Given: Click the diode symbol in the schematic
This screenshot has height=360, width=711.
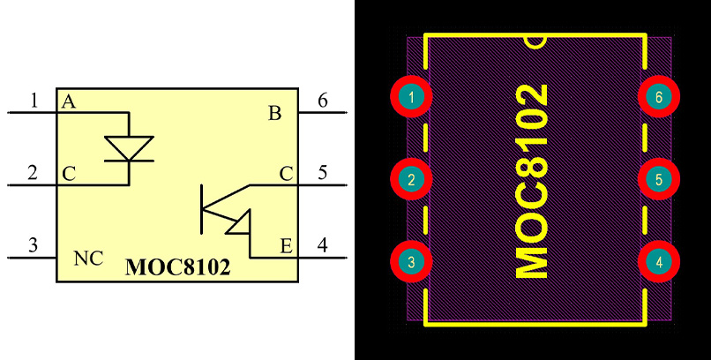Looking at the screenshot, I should [129, 147].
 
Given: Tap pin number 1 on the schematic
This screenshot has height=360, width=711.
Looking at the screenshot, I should [34, 101].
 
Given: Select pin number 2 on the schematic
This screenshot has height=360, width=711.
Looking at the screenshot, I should [34, 173].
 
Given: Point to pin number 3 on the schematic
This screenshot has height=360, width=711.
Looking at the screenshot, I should [34, 245].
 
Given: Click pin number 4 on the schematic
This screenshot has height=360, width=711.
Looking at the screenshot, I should [322, 245].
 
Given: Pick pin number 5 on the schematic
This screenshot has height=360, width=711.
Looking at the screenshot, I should [322, 173].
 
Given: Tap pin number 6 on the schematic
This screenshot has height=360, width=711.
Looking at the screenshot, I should [322, 101].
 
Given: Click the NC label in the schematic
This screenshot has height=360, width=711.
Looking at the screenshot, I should [87, 259].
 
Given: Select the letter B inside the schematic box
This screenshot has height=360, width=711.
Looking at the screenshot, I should [274, 113].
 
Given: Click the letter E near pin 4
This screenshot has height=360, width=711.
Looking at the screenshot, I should [286, 246].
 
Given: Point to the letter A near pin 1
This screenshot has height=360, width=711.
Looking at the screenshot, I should [68, 101].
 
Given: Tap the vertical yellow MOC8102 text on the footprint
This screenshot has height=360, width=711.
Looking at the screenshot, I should [531, 181].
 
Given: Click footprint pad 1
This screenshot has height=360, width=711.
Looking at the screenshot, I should [411, 97].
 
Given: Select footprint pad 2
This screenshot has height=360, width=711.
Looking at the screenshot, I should [411, 180].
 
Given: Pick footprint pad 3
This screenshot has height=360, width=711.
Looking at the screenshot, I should [411, 262].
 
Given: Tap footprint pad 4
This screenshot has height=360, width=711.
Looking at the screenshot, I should [658, 262].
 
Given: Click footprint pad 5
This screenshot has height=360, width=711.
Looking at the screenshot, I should [658, 180].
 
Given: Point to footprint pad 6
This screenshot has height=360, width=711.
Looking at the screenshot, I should [658, 97].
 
